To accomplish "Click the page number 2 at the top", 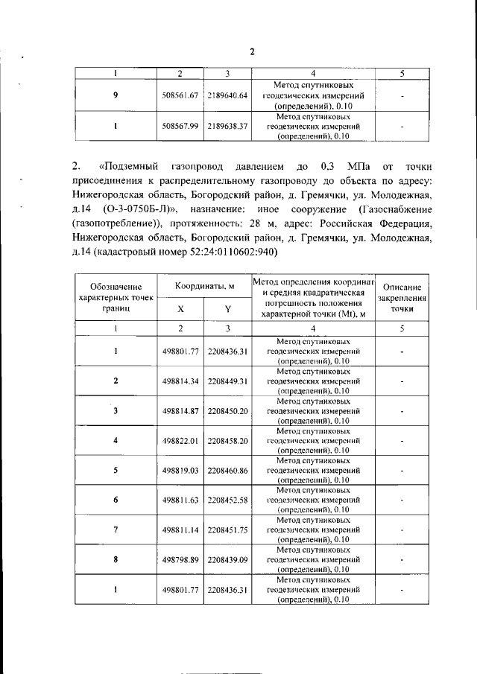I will pos(252,51).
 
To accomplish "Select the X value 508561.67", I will pos(179,96).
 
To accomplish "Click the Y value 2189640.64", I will pos(227,96).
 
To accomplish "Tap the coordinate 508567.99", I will pos(179,127).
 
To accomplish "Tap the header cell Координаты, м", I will pos(205,287).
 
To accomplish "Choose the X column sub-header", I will pos(180,309).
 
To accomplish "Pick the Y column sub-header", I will pos(228,309).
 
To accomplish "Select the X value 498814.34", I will pos(179,381).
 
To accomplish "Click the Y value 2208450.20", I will pos(228,410).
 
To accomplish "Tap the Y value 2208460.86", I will pos(228,471).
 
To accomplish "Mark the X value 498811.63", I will pos(179,500).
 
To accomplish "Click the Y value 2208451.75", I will pos(228,530).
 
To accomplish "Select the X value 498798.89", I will pos(179,559).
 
